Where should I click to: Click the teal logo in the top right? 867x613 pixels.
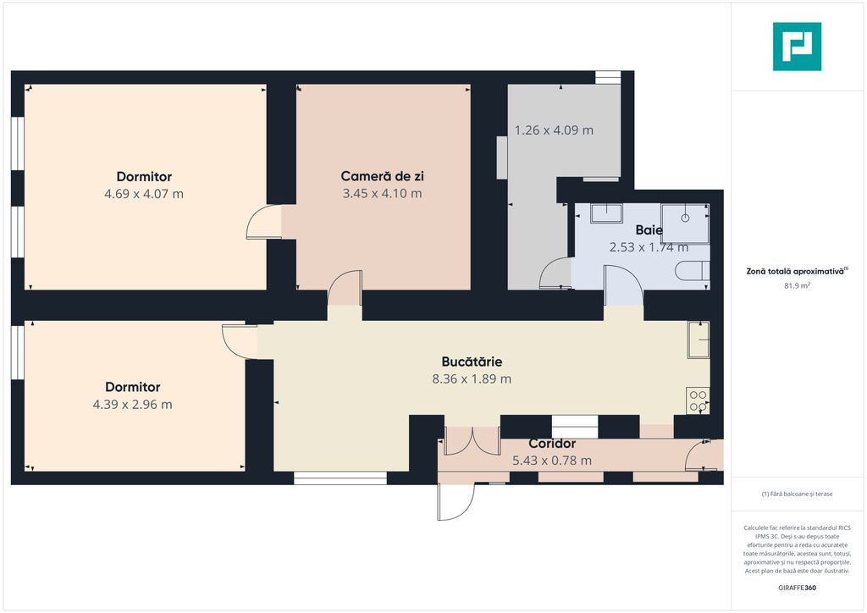point(797,47)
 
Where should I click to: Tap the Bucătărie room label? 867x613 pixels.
point(472,362)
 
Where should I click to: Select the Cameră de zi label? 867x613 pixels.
point(382,176)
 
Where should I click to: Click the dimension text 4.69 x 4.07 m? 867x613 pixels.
point(144,194)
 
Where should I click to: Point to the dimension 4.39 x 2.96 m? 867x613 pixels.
point(133,405)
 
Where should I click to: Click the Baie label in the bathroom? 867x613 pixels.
point(649,230)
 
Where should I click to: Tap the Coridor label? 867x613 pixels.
point(552,444)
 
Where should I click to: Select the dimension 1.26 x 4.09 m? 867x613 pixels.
point(554,130)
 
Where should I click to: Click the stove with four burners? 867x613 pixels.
point(698,400)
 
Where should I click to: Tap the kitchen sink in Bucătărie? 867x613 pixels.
point(699,340)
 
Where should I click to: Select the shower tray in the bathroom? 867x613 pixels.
point(685,224)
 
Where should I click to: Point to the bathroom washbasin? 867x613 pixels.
point(606,213)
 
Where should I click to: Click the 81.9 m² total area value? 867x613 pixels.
point(798,286)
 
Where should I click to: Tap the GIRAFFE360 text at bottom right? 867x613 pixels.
point(797,588)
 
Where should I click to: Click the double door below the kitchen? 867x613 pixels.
point(472,442)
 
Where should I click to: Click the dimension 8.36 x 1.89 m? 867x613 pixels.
point(472,379)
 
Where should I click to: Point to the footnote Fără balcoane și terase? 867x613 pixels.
point(797,494)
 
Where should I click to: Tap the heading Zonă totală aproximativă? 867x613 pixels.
point(797,272)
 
